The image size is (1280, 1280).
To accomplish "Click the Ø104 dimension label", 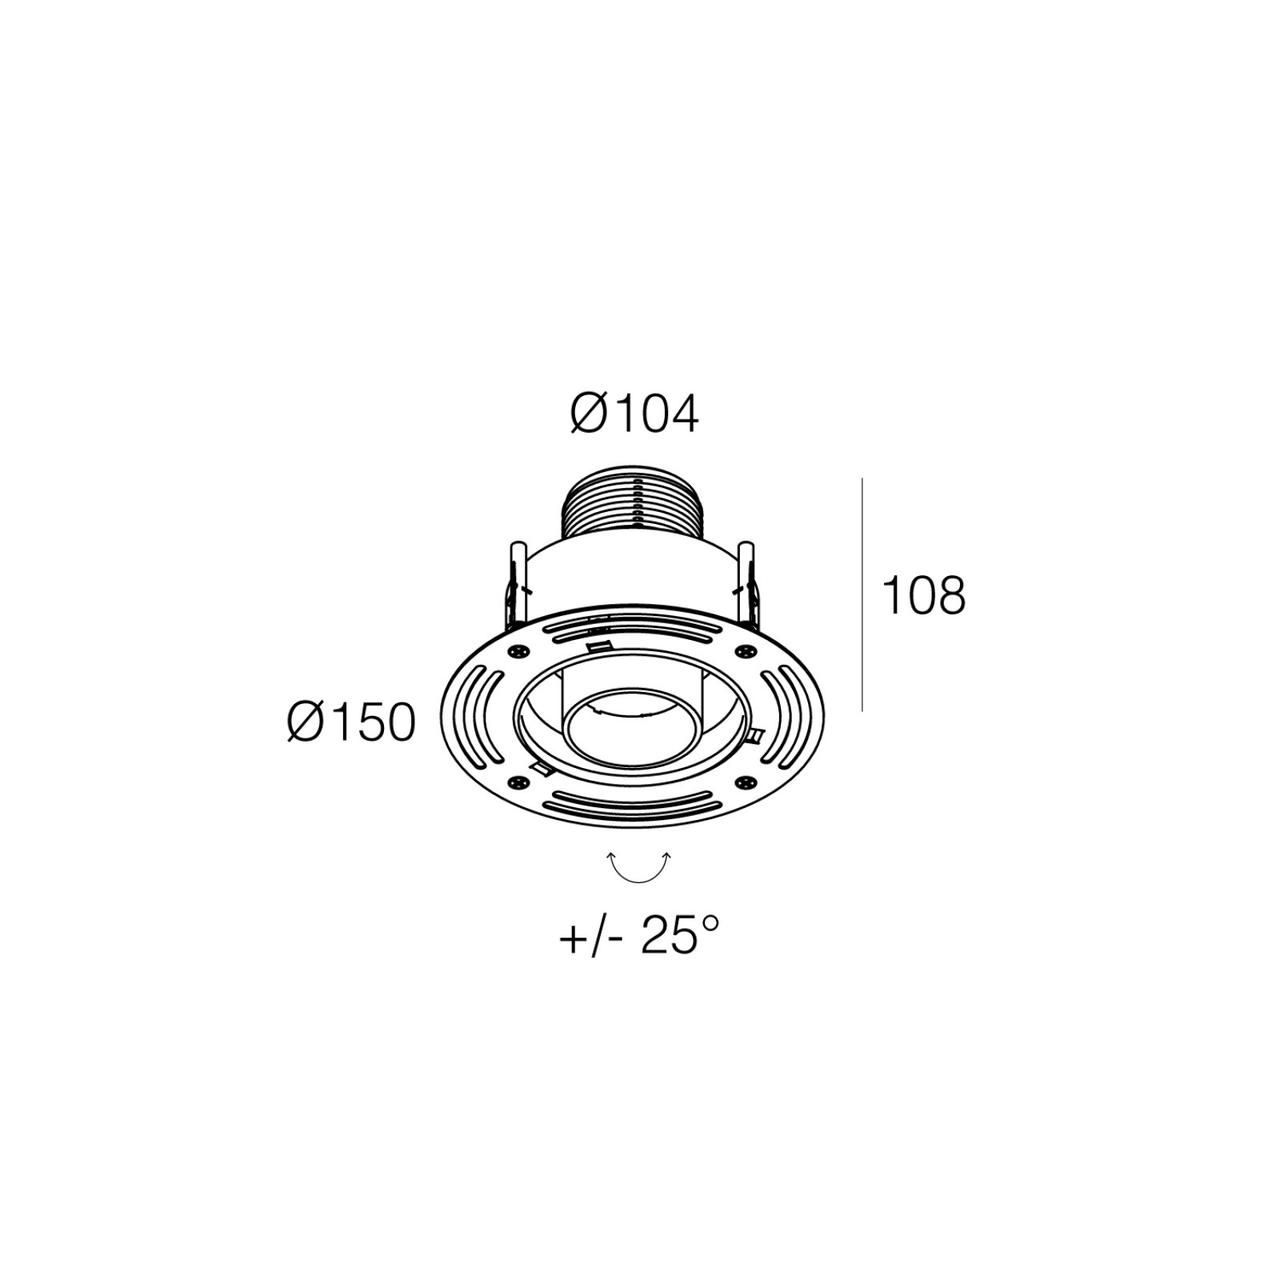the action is click(634, 414).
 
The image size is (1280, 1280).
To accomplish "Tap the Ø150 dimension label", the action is click(352, 722).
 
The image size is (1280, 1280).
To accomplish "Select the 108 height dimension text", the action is click(923, 596).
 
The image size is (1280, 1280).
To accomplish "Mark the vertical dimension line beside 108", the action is click(862, 594).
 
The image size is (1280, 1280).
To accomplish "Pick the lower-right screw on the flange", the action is click(747, 782).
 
